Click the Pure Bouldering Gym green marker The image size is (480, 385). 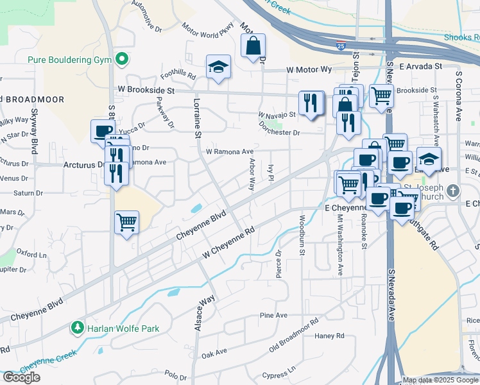[x=121, y=61]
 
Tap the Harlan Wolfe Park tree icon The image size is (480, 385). [x=78, y=328]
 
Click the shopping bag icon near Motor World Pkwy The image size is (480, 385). [x=253, y=46]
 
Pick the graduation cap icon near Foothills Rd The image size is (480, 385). [x=218, y=66]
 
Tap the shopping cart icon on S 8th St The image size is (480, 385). [x=126, y=223]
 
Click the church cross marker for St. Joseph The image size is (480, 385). [x=454, y=191]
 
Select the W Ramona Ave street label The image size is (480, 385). [x=229, y=151]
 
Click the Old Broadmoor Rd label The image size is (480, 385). [x=294, y=335]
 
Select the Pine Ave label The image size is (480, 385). [x=273, y=315]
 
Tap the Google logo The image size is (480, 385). [x=21, y=377]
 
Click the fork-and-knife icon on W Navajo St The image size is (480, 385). [x=311, y=103]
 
